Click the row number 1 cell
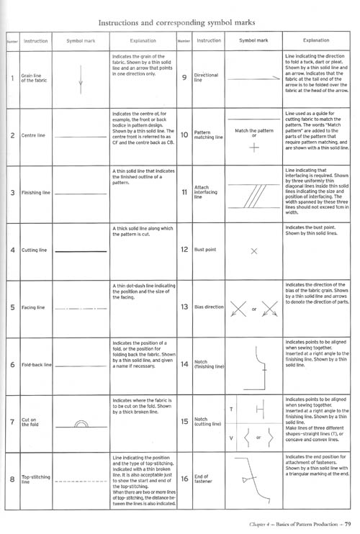coord(12,77)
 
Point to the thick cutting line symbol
coord(80,250)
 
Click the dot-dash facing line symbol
coord(80,308)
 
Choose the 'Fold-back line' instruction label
coord(36,366)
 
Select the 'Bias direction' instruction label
coord(210,308)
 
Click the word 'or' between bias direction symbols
coord(253,311)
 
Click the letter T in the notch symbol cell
coord(231,408)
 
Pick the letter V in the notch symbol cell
coord(231,438)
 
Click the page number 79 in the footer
coord(347,524)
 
